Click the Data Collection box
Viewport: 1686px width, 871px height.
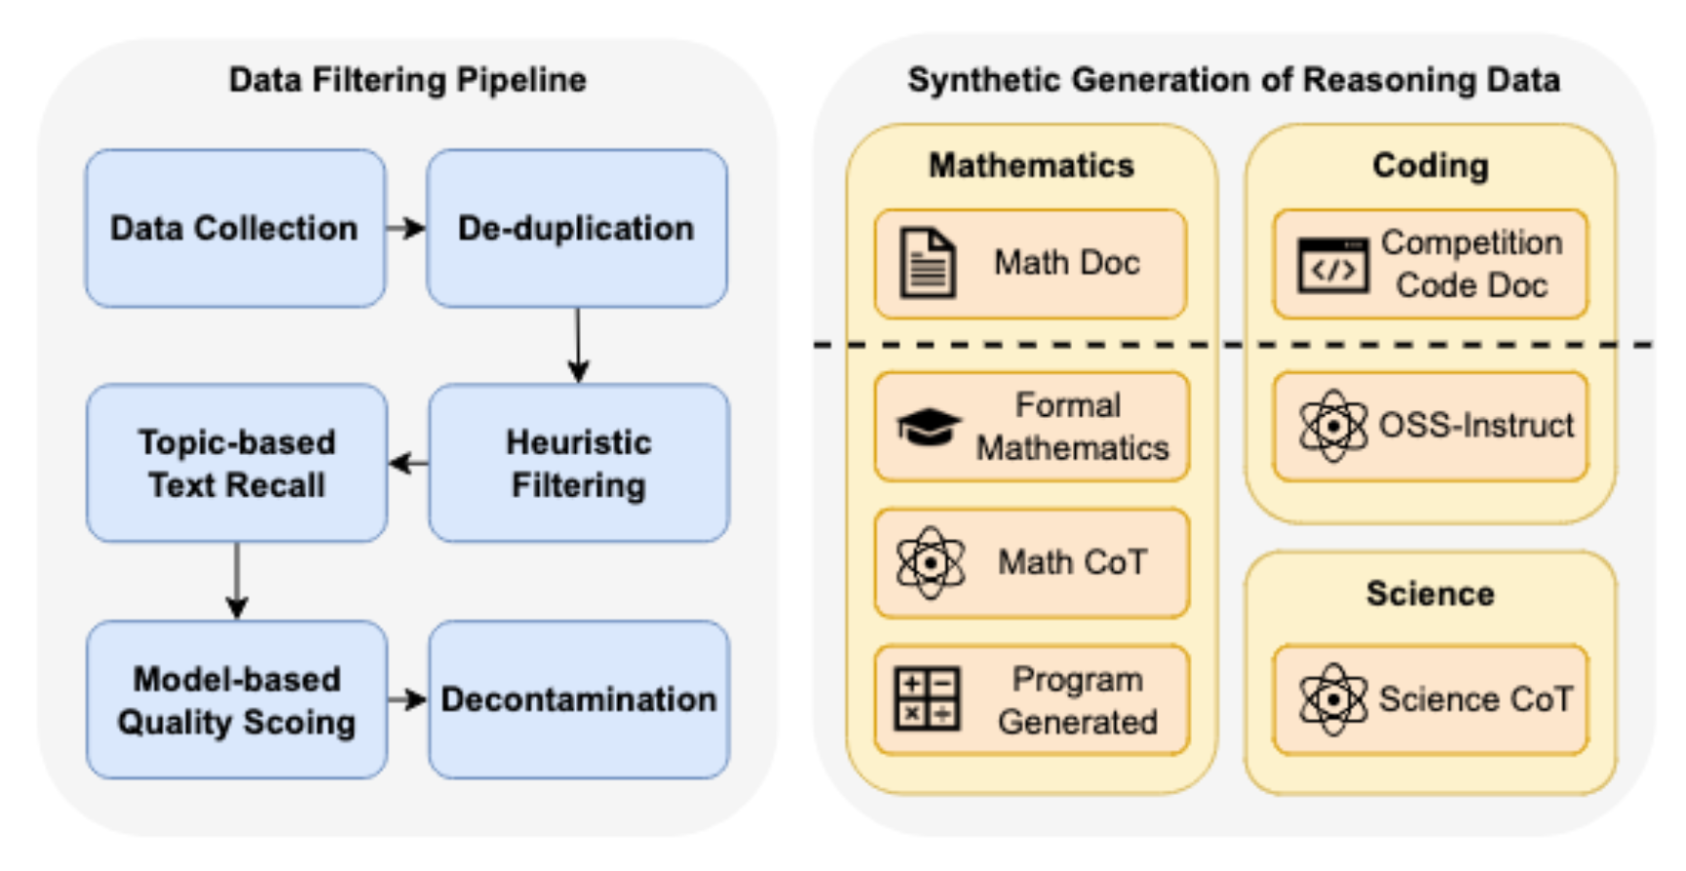(x=235, y=228)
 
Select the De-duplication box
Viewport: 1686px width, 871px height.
(x=577, y=228)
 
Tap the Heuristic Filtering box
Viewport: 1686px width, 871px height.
(x=579, y=463)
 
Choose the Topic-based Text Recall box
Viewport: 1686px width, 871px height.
(x=237, y=463)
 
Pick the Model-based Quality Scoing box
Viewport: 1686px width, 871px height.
(x=237, y=700)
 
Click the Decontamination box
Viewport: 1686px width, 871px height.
(x=579, y=700)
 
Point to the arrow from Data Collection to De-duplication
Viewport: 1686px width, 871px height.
(x=406, y=228)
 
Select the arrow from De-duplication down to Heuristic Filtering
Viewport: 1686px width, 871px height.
(x=578, y=346)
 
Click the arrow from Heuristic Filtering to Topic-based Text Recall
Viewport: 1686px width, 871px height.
(x=408, y=463)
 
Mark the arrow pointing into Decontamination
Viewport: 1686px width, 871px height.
(x=407, y=700)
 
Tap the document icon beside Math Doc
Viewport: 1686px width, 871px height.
(x=927, y=263)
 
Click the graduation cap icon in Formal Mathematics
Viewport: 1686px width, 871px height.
(x=928, y=427)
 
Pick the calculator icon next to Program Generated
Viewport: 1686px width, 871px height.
(x=927, y=700)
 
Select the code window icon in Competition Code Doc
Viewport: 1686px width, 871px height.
(x=1332, y=265)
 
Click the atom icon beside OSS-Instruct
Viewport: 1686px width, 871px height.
(x=1332, y=426)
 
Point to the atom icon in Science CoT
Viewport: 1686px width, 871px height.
(x=1332, y=700)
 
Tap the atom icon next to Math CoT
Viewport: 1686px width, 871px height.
(x=930, y=562)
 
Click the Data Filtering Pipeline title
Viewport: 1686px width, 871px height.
(x=407, y=80)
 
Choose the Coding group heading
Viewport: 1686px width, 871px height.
(x=1430, y=166)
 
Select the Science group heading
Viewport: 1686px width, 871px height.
(x=1430, y=593)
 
